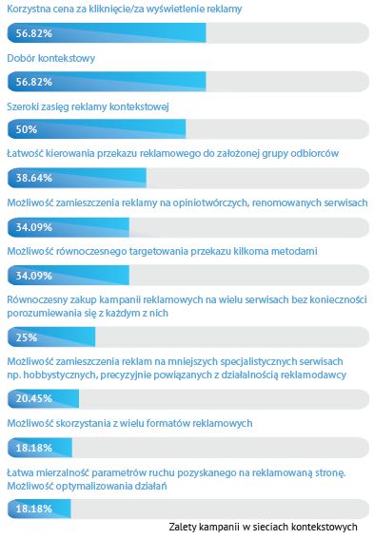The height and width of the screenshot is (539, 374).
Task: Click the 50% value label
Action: pyautogui.click(x=26, y=129)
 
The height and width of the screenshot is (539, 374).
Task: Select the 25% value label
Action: pyautogui.click(x=26, y=337)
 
